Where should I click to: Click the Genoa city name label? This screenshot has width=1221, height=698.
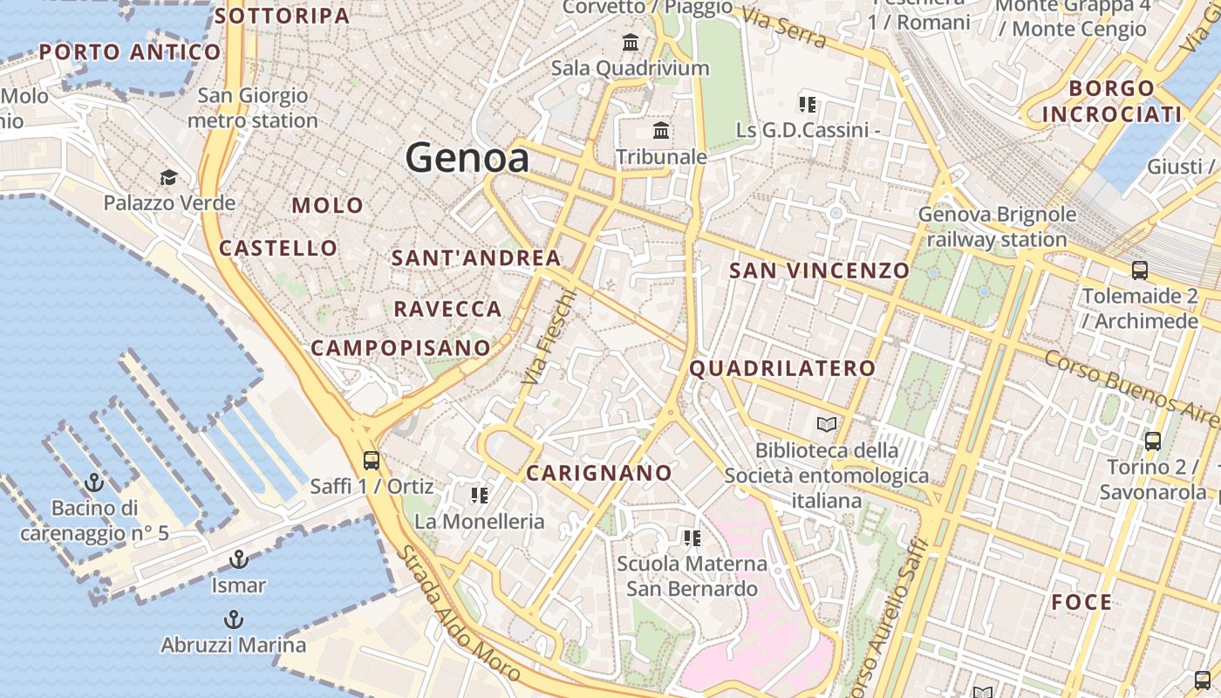pyautogui.click(x=467, y=158)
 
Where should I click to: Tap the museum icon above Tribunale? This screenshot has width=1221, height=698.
pyautogui.click(x=662, y=132)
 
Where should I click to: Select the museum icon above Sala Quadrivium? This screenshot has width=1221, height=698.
pyautogui.click(x=631, y=42)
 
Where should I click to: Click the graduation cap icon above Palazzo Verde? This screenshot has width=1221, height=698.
pyautogui.click(x=168, y=178)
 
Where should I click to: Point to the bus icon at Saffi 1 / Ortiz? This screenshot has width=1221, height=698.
pyautogui.click(x=372, y=460)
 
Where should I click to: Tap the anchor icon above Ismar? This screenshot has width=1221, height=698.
pyautogui.click(x=238, y=559)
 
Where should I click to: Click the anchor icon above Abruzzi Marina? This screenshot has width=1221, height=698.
pyautogui.click(x=233, y=619)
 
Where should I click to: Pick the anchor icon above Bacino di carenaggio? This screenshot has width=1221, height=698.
pyautogui.click(x=93, y=482)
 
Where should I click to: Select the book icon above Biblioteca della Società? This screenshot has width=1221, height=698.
pyautogui.click(x=826, y=425)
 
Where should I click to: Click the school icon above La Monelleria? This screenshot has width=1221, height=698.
pyautogui.click(x=479, y=496)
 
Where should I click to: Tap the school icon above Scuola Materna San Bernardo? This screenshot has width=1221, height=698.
pyautogui.click(x=692, y=537)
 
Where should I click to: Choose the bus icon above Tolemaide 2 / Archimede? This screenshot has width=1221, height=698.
pyautogui.click(x=1140, y=270)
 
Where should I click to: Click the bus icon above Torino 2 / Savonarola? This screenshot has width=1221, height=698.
pyautogui.click(x=1153, y=441)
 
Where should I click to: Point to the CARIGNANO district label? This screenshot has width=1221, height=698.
pyautogui.click(x=599, y=474)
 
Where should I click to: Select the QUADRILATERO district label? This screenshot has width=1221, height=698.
pyautogui.click(x=782, y=368)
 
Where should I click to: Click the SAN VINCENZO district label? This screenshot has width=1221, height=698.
pyautogui.click(x=819, y=270)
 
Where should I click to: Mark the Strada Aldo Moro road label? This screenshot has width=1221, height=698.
pyautogui.click(x=457, y=615)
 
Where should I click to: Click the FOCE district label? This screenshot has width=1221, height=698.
pyautogui.click(x=1081, y=602)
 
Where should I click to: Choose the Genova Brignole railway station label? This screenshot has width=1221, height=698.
pyautogui.click(x=997, y=227)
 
